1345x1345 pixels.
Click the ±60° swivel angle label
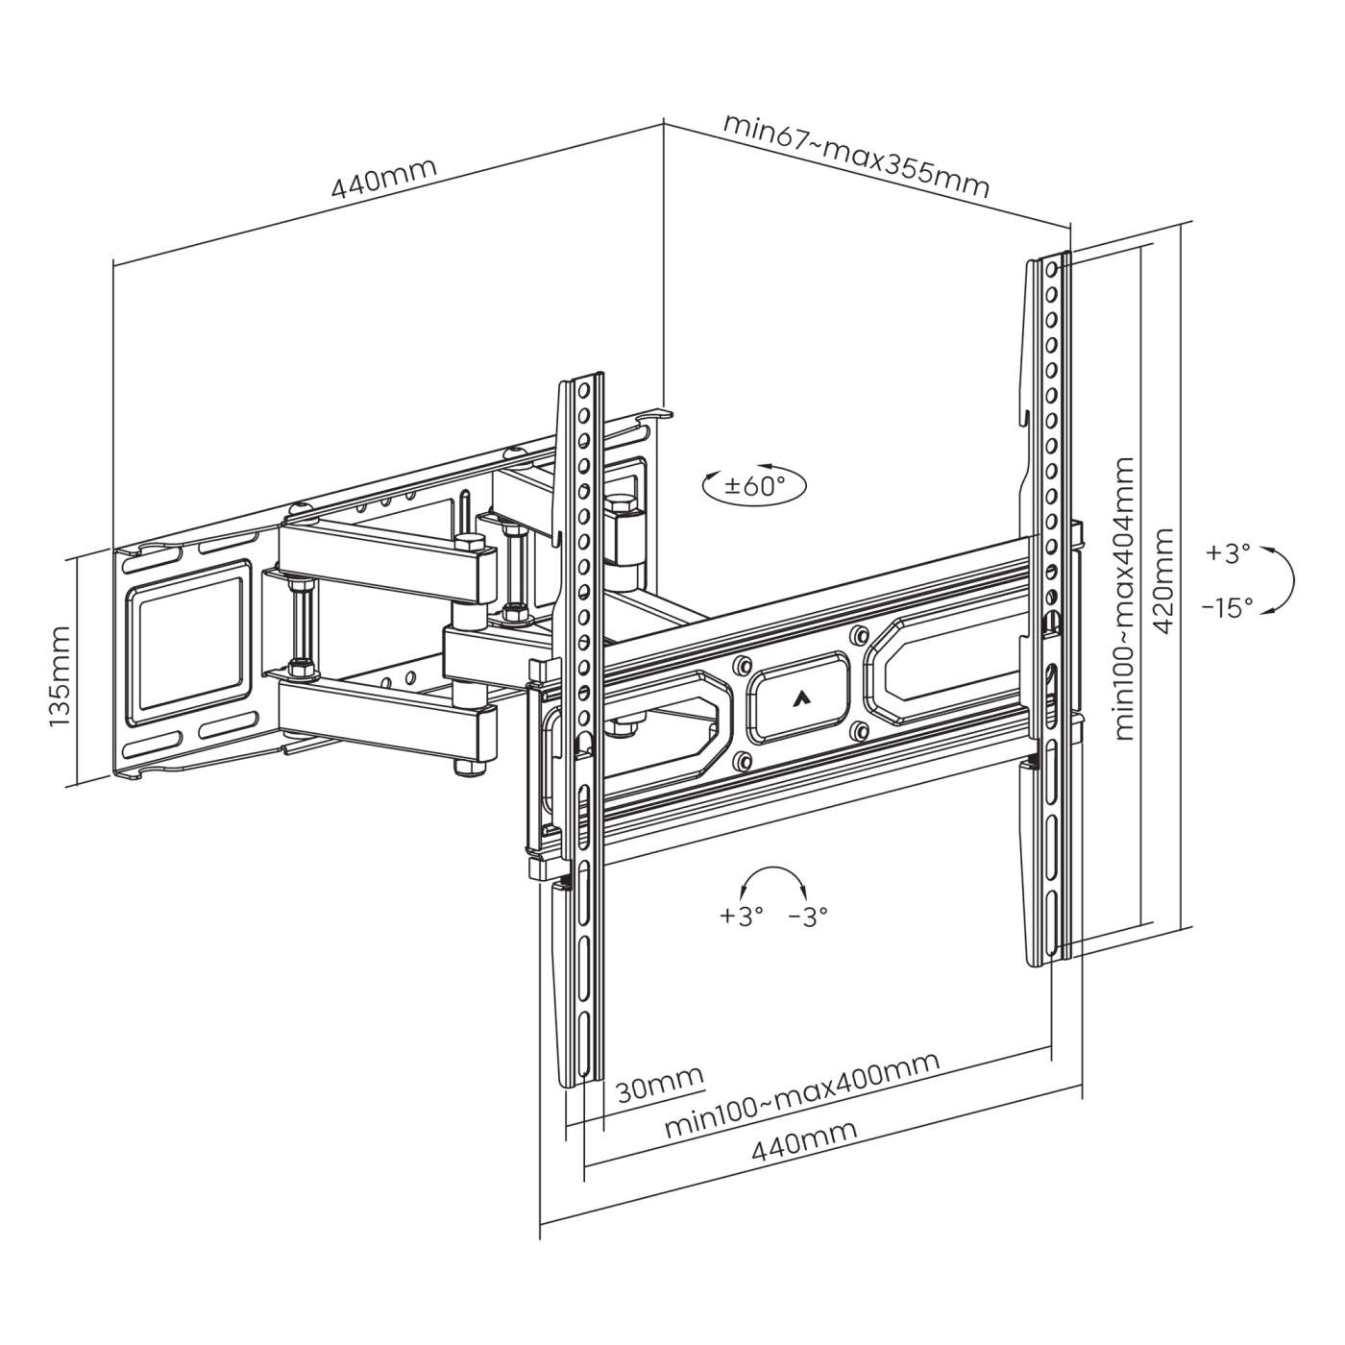(754, 485)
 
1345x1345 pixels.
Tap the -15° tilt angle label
(1227, 607)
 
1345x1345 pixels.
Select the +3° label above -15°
(1229, 553)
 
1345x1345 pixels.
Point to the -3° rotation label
(807, 916)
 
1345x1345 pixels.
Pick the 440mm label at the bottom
(804, 1147)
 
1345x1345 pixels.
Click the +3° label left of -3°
(741, 916)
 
